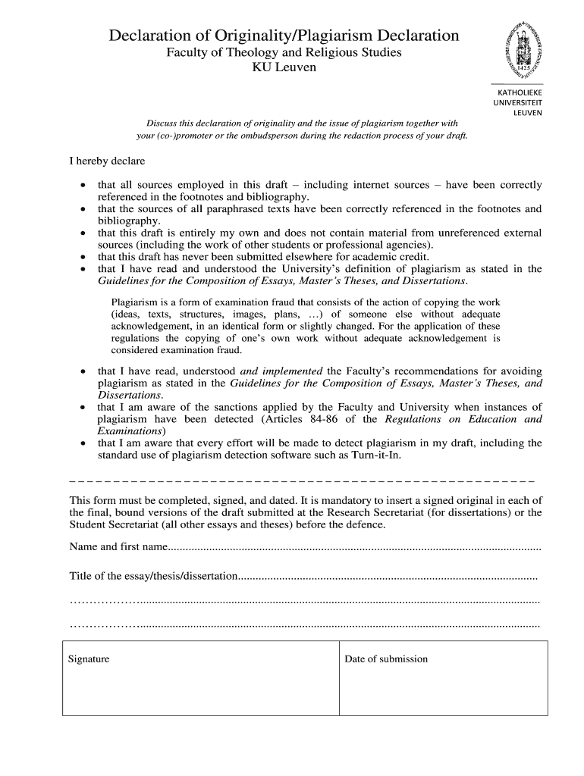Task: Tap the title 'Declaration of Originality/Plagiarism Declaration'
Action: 284,36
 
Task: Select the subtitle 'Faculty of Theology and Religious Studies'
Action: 284,53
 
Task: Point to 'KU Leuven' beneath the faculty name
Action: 284,67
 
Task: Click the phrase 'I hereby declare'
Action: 107,161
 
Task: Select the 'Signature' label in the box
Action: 89,659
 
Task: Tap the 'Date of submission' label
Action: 386,659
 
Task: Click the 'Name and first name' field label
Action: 118,547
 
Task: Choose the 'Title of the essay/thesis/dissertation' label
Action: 153,577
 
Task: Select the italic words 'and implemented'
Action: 281,371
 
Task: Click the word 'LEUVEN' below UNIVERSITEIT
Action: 527,113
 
